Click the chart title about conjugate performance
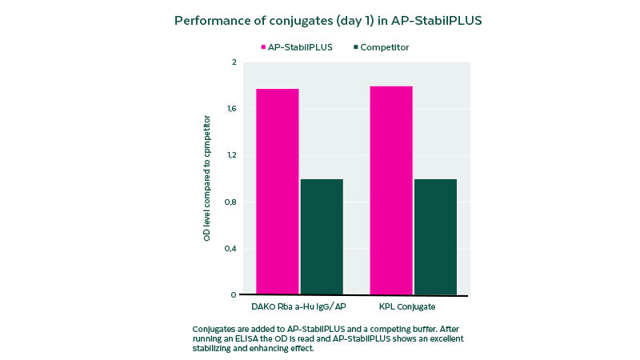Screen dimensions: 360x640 point(328,20)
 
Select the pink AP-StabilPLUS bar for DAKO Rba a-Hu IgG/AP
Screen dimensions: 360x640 point(277,192)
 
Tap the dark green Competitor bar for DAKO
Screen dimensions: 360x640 point(322,237)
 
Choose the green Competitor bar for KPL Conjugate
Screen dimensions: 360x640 point(435,237)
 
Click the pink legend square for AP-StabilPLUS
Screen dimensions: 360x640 point(263,47)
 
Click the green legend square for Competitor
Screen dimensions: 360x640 point(355,47)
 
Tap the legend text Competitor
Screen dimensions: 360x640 point(385,47)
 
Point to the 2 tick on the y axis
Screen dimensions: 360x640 point(234,62)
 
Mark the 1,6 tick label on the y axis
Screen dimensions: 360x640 point(231,109)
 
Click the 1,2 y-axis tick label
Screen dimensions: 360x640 point(231,155)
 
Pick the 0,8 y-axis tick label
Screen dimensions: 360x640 point(231,202)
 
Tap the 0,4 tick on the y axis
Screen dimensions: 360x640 point(231,248)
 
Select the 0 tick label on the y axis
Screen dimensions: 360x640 point(234,294)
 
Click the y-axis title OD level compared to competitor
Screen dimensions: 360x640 point(206,178)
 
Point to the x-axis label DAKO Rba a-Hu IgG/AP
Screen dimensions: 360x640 point(299,306)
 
